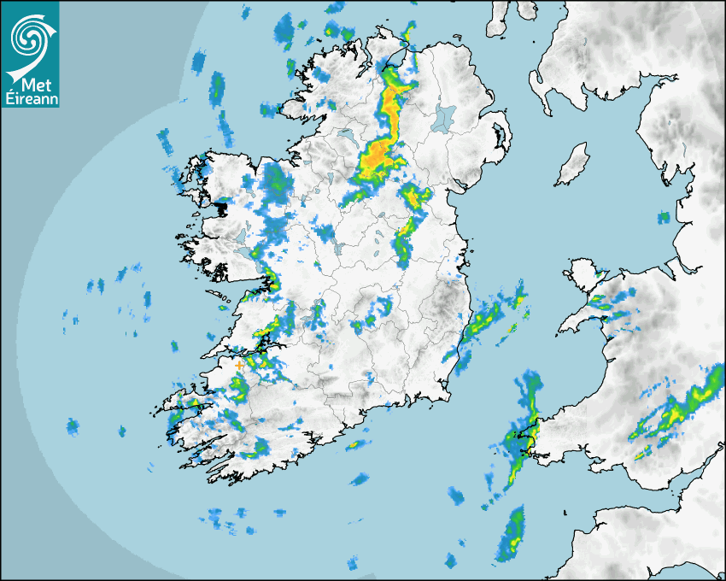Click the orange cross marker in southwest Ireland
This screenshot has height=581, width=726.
[239, 366]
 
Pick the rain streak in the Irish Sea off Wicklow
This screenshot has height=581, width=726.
[487, 320]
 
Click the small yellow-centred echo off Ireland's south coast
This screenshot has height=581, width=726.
[352, 444]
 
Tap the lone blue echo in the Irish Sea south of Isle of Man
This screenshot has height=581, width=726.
[662, 217]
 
